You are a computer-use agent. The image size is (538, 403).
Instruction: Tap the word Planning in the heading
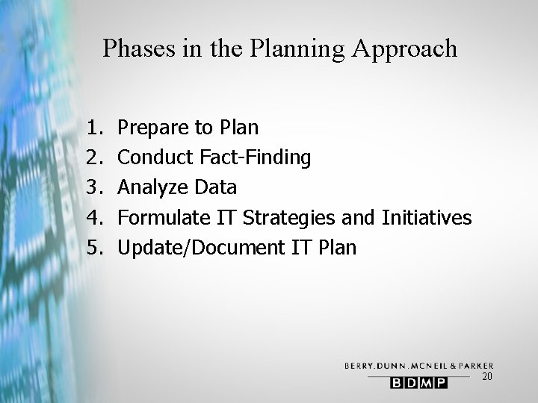click(x=293, y=49)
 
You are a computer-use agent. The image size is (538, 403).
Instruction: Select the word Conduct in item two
click(x=156, y=157)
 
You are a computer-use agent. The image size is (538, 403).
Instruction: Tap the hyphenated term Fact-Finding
click(x=256, y=158)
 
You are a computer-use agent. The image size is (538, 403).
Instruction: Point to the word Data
click(x=216, y=187)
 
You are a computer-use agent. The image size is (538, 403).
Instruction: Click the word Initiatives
click(x=427, y=217)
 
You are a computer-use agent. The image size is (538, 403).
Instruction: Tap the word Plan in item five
click(x=338, y=247)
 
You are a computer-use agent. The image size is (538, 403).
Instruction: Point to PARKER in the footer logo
click(x=472, y=365)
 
